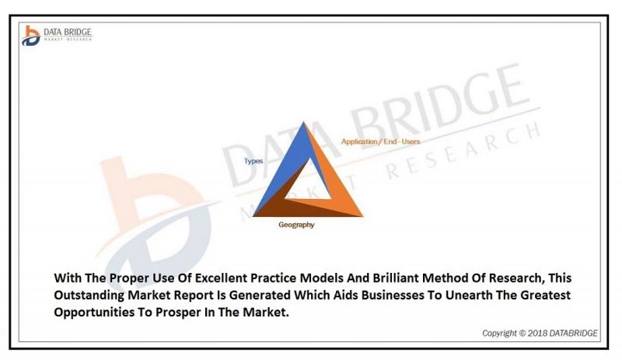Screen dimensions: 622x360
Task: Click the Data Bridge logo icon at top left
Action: (x=31, y=36)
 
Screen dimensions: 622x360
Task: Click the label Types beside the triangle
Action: (x=253, y=161)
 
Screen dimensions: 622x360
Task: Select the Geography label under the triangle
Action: (x=296, y=225)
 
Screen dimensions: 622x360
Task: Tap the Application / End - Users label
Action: (x=380, y=142)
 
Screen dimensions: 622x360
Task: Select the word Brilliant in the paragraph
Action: (x=396, y=278)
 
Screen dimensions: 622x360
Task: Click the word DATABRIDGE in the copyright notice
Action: (x=572, y=334)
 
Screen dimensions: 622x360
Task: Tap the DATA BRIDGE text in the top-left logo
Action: (x=68, y=32)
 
